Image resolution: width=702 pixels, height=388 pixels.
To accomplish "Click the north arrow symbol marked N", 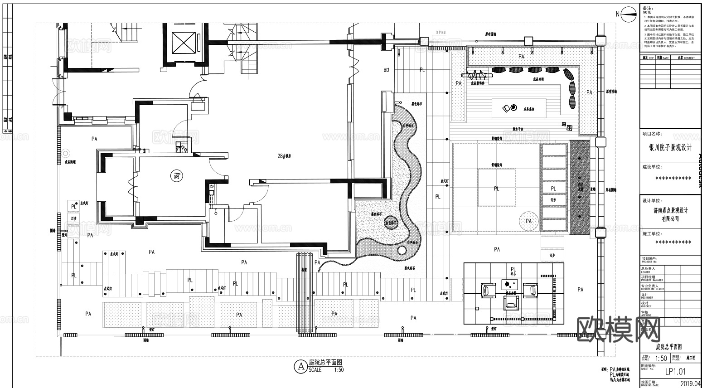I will (629, 14).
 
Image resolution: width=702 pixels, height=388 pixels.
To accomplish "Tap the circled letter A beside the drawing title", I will (300, 366).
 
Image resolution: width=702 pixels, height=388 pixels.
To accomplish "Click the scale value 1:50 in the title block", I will (661, 359).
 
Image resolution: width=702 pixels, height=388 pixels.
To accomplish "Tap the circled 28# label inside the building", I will (176, 175).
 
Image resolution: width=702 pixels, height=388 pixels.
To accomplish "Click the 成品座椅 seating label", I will (538, 79).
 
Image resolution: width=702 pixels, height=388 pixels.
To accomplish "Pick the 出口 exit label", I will (387, 70).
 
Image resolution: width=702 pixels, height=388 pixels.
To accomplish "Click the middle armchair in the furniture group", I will (511, 301).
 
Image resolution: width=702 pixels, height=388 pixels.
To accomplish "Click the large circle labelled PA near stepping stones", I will (529, 221).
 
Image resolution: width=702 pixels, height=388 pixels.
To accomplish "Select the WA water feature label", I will (580, 185).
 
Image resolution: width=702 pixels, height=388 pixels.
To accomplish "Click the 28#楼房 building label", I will (284, 156).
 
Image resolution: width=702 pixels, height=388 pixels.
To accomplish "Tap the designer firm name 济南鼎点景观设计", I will (671, 211).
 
